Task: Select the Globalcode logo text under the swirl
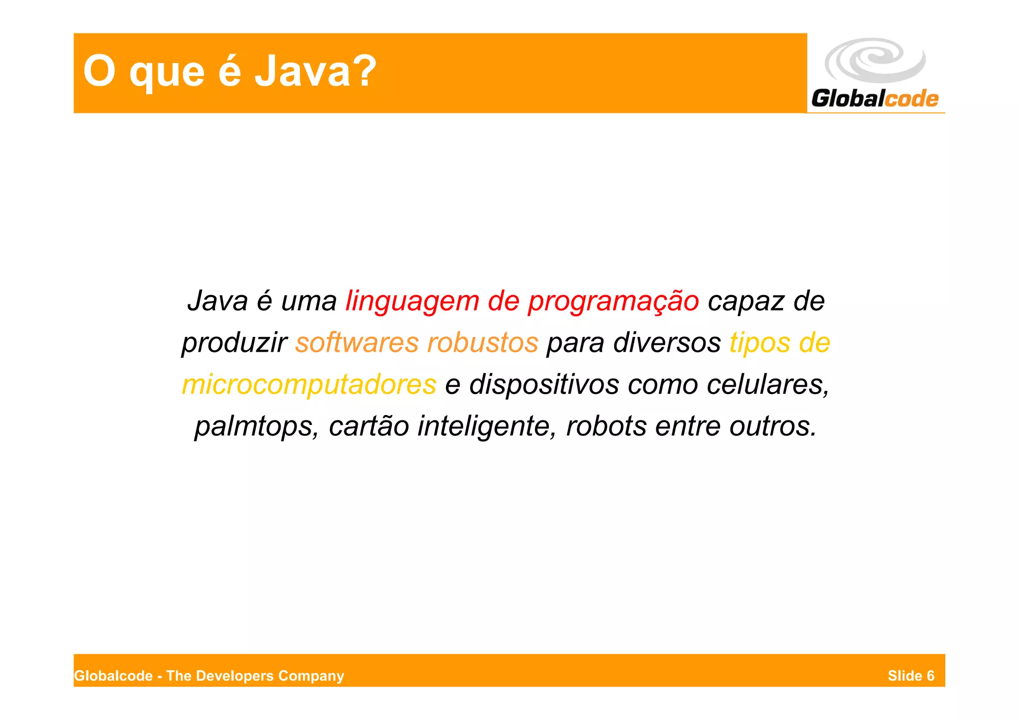[x=875, y=99]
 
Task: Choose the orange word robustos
[x=483, y=343]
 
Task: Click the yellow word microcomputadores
[x=309, y=385]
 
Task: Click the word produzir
[x=234, y=343]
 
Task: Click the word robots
[x=606, y=426]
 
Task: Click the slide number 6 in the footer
[x=930, y=676]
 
